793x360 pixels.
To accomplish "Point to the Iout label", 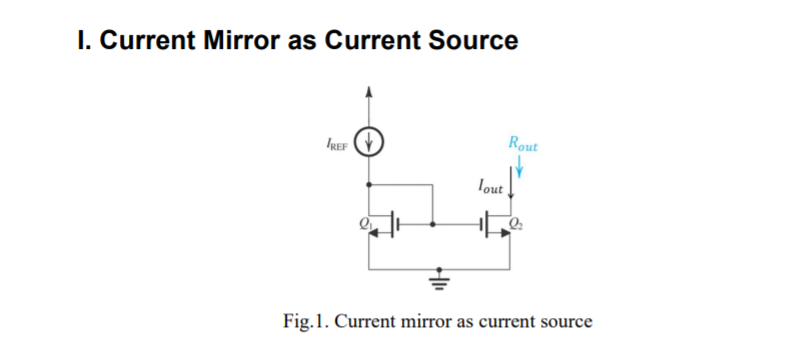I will coord(491,185).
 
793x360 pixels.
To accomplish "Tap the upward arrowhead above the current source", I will coord(371,91).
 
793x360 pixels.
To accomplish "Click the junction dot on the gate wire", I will coord(432,226).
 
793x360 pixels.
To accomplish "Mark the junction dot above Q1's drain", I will coord(371,185).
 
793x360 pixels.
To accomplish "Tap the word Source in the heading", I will coord(470,41).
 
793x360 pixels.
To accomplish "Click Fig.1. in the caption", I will coord(306,322).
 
